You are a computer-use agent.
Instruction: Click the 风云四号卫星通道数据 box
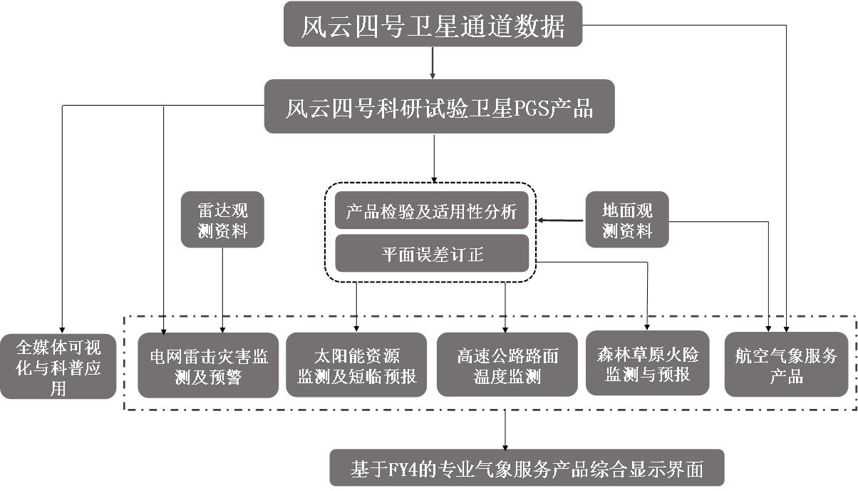point(433,28)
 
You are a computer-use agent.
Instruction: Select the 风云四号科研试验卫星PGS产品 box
point(439,106)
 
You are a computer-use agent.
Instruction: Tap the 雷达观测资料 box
point(222,220)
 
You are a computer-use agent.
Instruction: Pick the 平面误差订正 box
point(432,254)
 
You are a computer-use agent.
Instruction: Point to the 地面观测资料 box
point(627,220)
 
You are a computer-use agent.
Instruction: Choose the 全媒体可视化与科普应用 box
point(58,365)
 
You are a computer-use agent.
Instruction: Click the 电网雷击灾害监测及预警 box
point(208,365)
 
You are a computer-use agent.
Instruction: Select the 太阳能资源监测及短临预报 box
point(356,365)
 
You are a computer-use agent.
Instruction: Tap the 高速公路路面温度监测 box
point(507,365)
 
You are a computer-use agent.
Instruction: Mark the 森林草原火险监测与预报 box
point(647,363)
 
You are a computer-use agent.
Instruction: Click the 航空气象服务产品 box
point(786,365)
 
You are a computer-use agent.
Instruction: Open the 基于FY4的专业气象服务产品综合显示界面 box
point(527,468)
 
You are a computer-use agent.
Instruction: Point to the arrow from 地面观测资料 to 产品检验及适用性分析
point(560,221)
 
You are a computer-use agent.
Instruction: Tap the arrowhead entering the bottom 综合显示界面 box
point(505,444)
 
